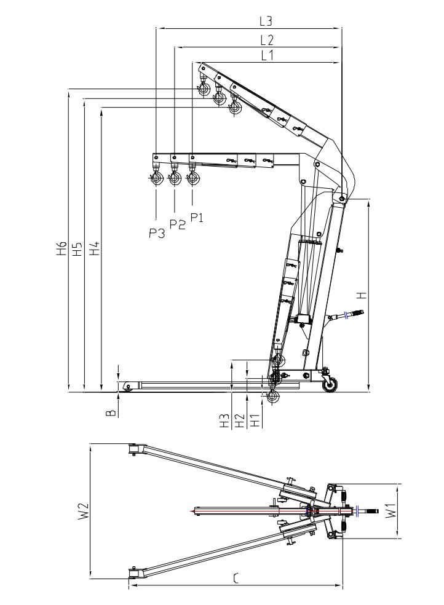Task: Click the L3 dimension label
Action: click(x=266, y=20)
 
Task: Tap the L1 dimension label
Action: click(x=266, y=55)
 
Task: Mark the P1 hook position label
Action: click(x=197, y=217)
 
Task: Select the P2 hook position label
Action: click(x=177, y=224)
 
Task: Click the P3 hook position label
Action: click(x=157, y=232)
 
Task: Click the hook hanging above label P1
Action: click(x=194, y=178)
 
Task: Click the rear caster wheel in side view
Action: click(x=330, y=384)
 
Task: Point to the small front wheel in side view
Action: click(x=128, y=387)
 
